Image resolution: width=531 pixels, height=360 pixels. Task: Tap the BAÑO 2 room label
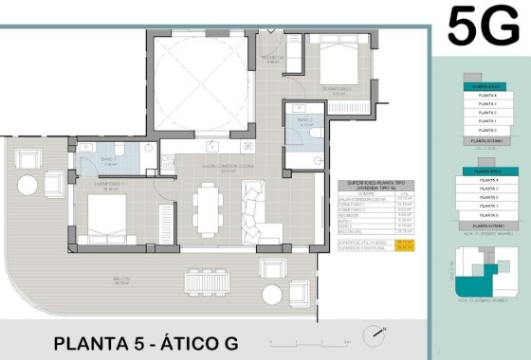click(x=304, y=120)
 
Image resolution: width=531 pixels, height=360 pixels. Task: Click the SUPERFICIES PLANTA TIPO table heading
click(x=379, y=186)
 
